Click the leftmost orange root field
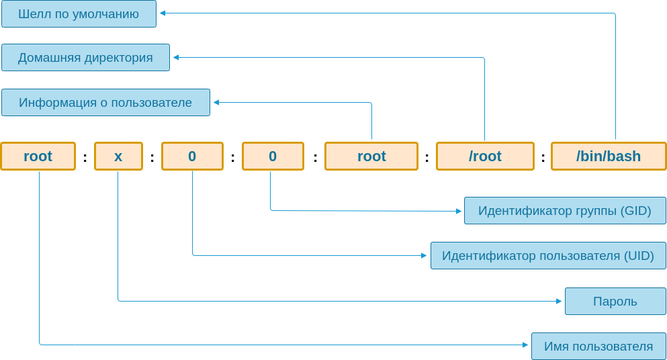pos(38,156)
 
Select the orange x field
pos(118,156)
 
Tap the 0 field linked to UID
pos(192,156)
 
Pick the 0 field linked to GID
pos(273,156)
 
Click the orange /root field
pos(485,156)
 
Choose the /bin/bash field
pos(609,156)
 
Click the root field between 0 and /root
pos(371,156)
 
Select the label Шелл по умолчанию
pos(79,14)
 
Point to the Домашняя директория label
pos(85,58)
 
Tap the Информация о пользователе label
pos(105,103)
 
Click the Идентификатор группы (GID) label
pos(564,211)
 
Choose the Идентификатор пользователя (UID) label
pos(548,256)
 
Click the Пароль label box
pos(615,302)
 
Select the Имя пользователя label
pos(598,347)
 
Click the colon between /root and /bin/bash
pos(543,158)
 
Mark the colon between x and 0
pos(152,158)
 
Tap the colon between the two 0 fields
pos(232,158)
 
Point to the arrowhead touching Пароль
pos(559,301)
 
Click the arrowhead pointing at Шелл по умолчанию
pos(163,13)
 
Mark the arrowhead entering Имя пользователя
pos(525,345)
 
